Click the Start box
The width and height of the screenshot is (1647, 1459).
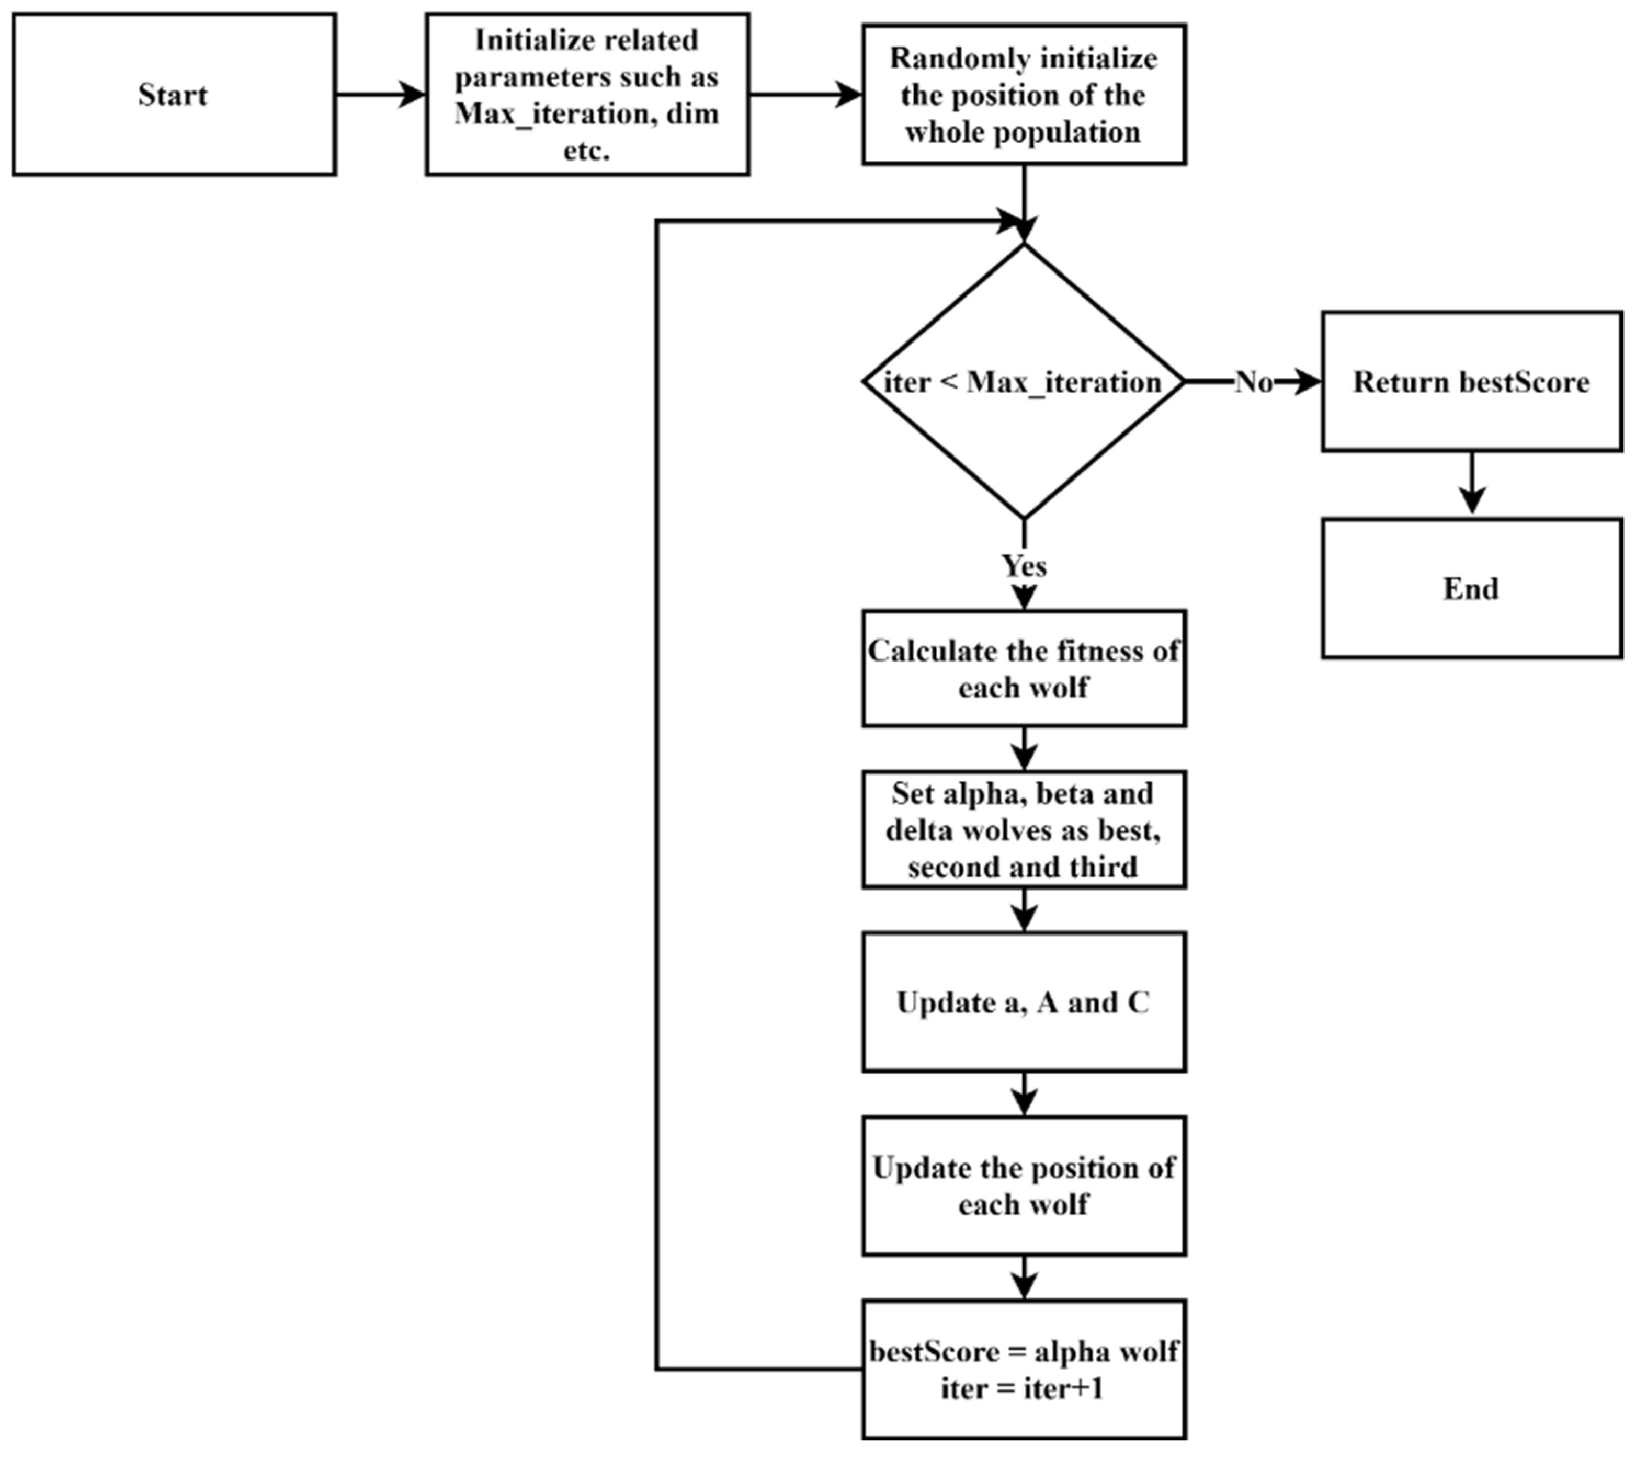tap(173, 94)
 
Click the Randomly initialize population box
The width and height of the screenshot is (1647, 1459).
tap(1024, 94)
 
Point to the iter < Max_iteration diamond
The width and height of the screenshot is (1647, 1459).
tap(1024, 381)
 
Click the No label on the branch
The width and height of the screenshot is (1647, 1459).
tap(1254, 382)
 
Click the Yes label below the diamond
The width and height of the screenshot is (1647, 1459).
tap(1024, 565)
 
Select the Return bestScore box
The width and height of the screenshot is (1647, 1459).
tap(1471, 381)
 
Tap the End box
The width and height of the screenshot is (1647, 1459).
tap(1471, 589)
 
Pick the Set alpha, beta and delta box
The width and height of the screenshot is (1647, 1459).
tap(1024, 830)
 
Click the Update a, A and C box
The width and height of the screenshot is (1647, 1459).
tap(1024, 1002)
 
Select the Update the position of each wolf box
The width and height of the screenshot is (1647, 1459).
tap(1024, 1186)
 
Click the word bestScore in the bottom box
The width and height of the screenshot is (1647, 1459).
tap(934, 1351)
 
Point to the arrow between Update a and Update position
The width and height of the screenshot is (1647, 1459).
tap(1024, 1094)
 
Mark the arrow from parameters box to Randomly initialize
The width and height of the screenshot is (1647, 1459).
tap(806, 94)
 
